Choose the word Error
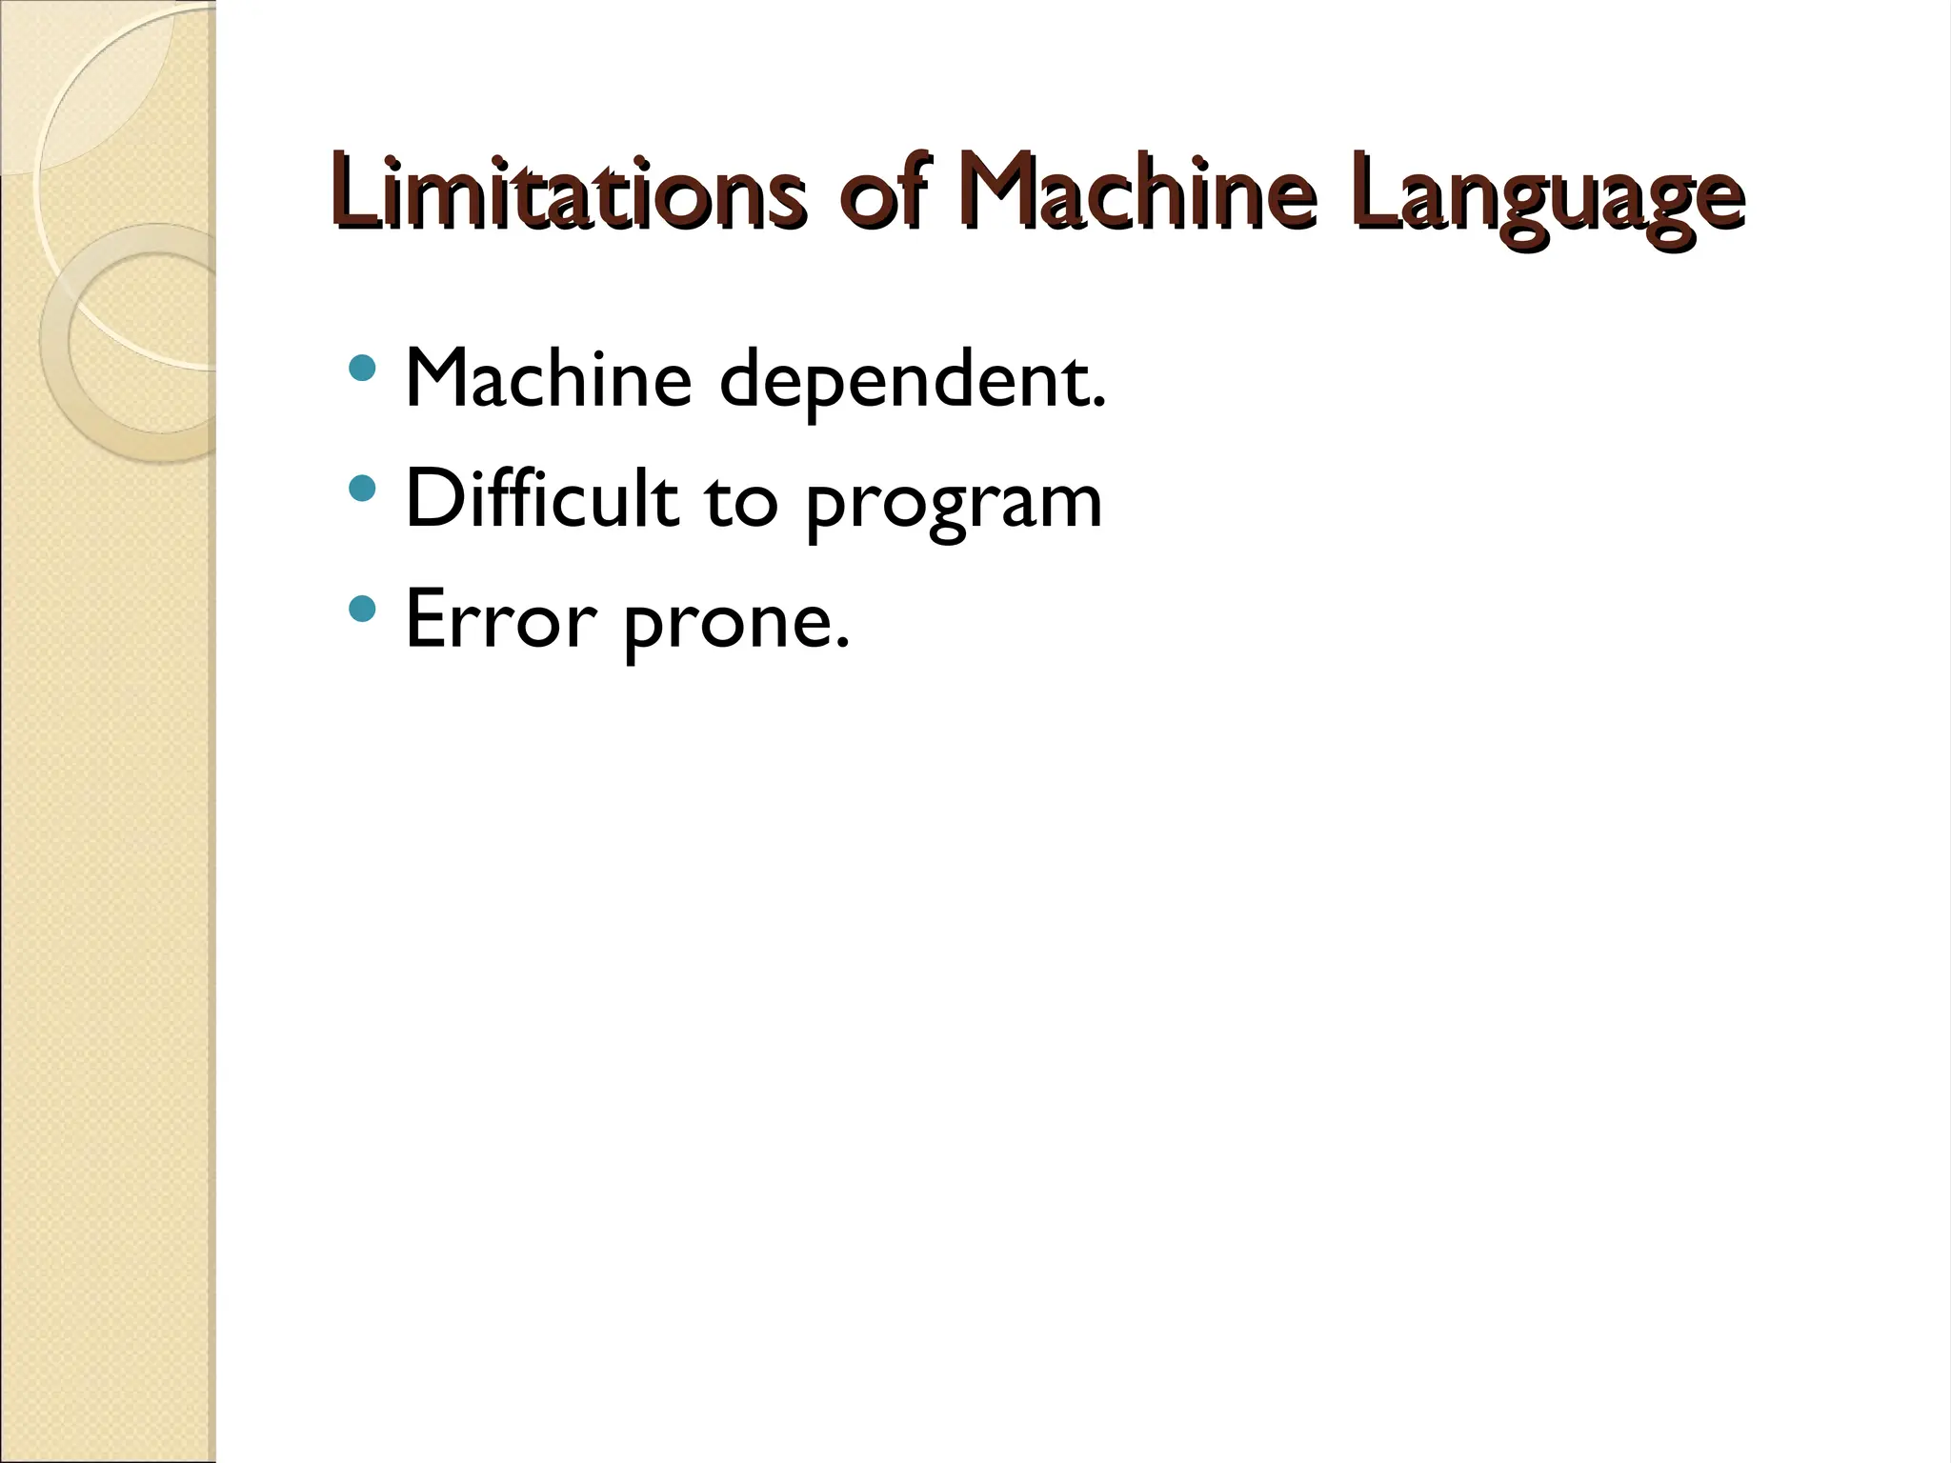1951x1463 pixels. tap(500, 619)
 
